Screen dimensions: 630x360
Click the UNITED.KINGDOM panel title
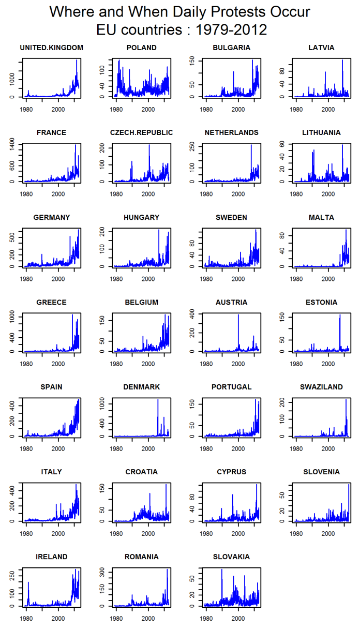pos(51,48)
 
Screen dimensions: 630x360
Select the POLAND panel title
pos(141,48)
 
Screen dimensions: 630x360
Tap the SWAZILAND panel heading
pos(321,387)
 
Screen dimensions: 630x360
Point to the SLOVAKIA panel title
pos(231,557)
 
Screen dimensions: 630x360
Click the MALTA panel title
pos(321,218)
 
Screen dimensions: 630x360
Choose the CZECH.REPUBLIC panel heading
pos(141,133)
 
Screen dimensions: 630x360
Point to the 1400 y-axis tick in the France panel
pos(14,148)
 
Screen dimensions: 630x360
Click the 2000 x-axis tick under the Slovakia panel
pos(238,618)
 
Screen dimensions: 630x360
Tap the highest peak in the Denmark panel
pos(158,400)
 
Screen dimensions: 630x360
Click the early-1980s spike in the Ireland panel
pos(28,582)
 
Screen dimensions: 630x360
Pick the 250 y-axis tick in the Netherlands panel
pos(194,148)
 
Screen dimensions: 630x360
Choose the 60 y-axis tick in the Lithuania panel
pos(284,144)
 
